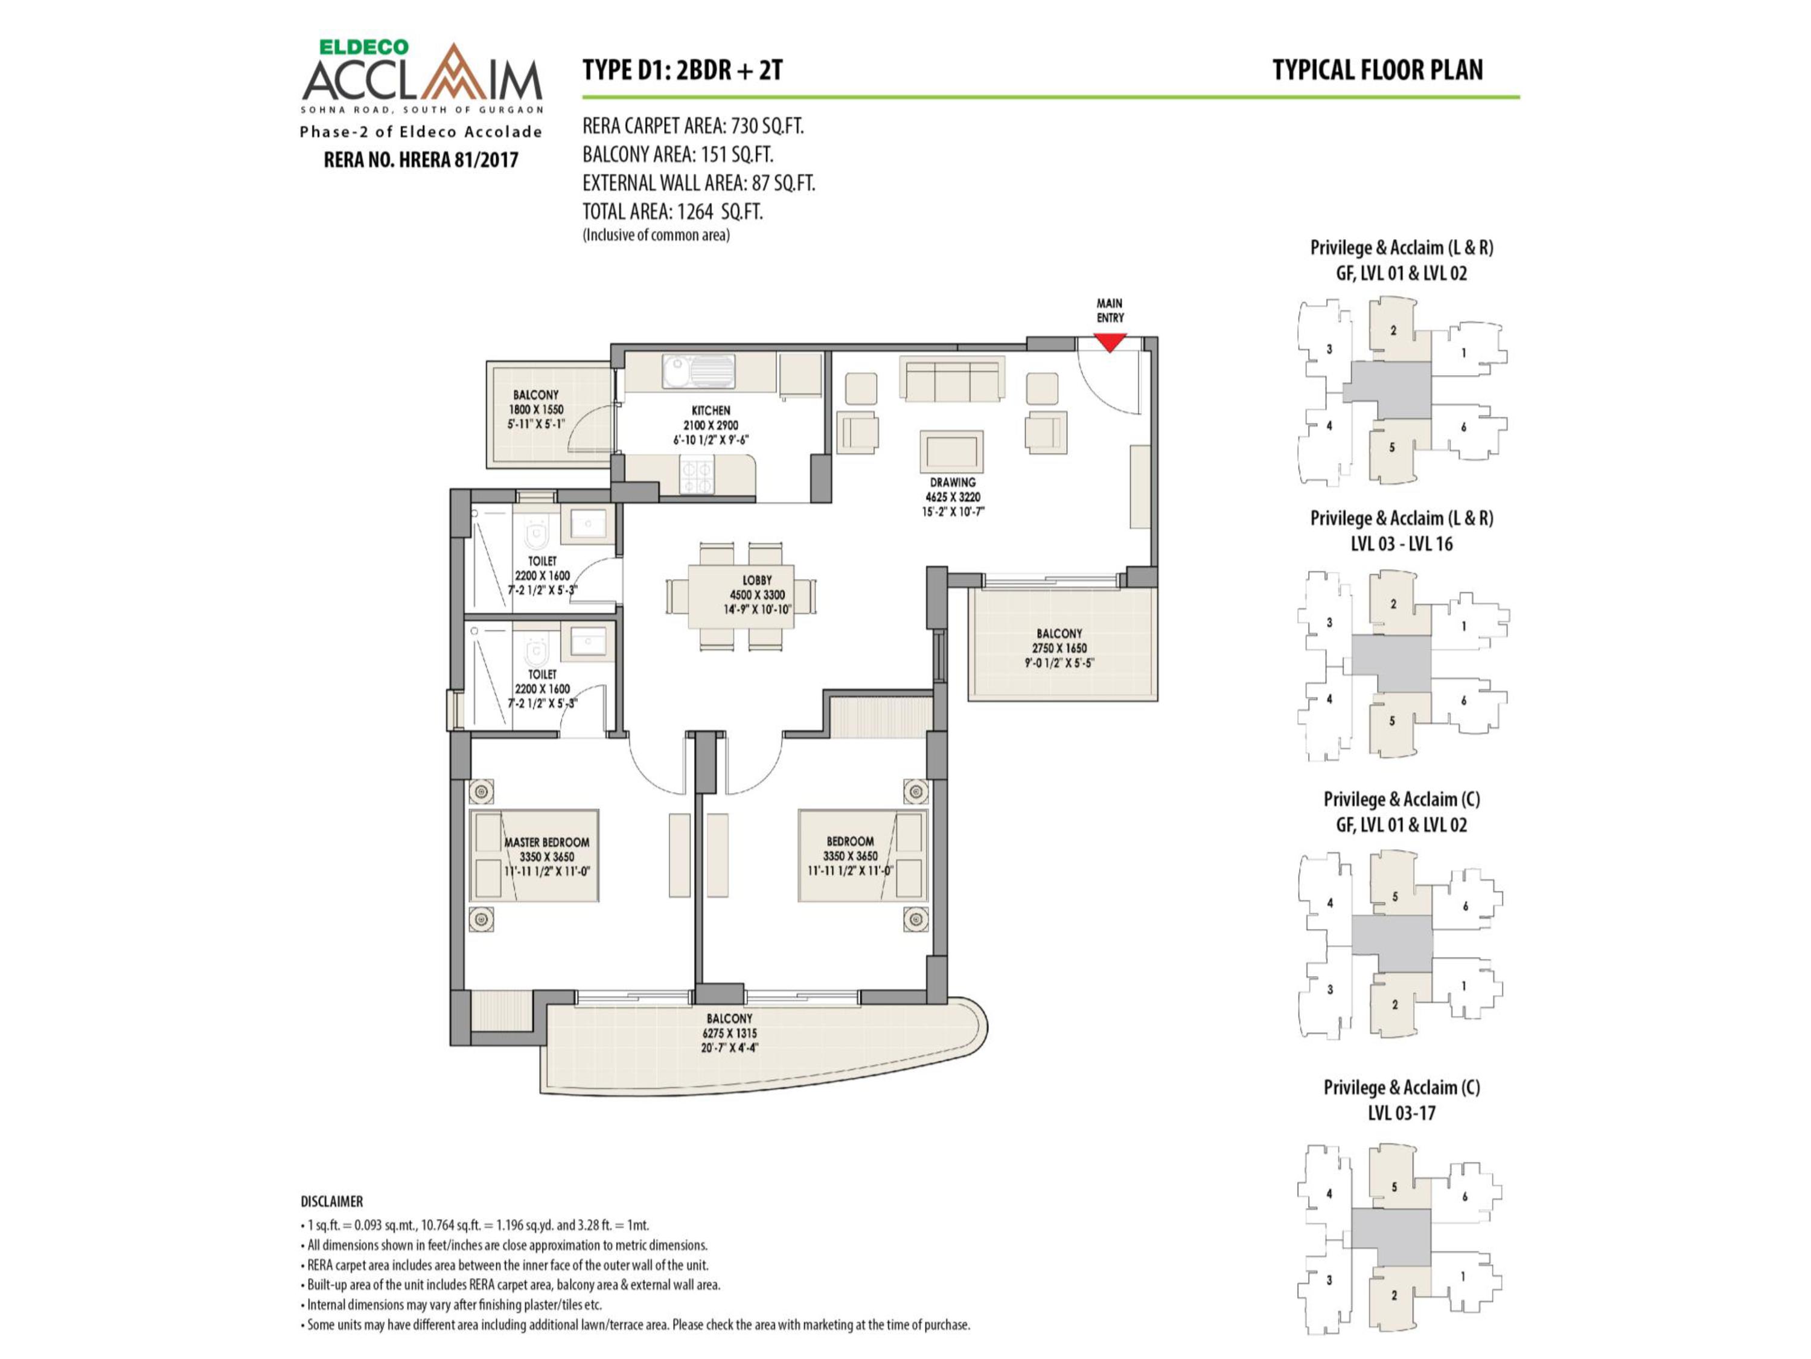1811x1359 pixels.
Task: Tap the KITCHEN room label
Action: click(x=711, y=410)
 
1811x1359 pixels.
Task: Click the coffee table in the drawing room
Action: click(x=952, y=451)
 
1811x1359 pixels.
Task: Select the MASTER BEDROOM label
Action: click(x=546, y=842)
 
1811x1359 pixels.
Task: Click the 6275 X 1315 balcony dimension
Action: click(x=729, y=1033)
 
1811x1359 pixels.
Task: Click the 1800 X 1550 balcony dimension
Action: click(x=536, y=410)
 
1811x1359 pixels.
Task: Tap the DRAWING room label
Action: click(x=952, y=483)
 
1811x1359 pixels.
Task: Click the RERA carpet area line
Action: click(x=692, y=126)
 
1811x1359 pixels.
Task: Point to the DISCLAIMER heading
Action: click(x=331, y=1202)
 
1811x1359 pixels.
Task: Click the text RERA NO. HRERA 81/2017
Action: click(x=421, y=159)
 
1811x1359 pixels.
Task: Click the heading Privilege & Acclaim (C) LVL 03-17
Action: click(x=1402, y=1100)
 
